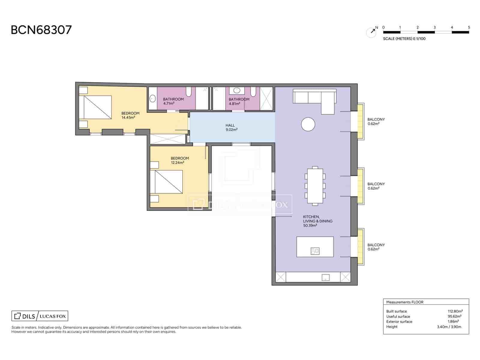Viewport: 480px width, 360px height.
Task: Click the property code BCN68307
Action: (x=41, y=30)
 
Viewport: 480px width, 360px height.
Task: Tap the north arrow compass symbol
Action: (x=371, y=32)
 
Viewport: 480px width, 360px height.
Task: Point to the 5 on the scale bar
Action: (x=469, y=27)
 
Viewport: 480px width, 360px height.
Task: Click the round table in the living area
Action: (x=308, y=124)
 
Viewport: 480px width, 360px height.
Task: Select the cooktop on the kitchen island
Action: (x=315, y=251)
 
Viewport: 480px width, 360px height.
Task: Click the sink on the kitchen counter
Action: (x=325, y=277)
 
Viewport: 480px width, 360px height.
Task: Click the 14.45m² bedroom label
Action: (x=130, y=115)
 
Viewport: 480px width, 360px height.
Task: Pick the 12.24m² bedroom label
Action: (x=179, y=160)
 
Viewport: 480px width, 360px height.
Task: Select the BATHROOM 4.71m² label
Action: (x=173, y=101)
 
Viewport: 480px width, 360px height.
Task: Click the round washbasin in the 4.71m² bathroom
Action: (x=152, y=98)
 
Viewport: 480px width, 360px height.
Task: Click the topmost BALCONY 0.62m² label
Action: (x=376, y=121)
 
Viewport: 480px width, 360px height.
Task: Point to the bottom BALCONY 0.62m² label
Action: (x=376, y=247)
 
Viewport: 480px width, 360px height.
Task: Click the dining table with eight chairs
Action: (x=315, y=186)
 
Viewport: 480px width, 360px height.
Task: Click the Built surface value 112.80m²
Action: (x=455, y=311)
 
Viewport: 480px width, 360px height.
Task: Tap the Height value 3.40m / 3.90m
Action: (x=449, y=327)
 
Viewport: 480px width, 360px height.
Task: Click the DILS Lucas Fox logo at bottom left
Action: (x=40, y=316)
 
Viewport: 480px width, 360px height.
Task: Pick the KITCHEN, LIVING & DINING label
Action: (x=317, y=221)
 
